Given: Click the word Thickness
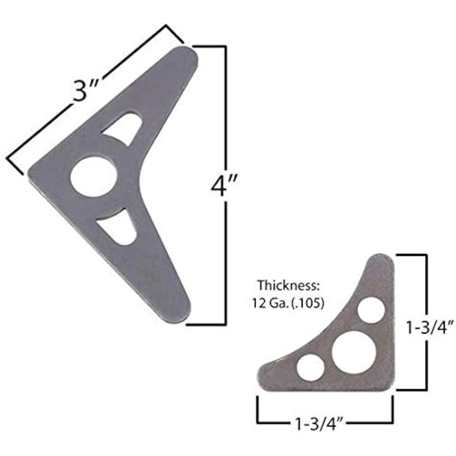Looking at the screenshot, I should tap(281, 286).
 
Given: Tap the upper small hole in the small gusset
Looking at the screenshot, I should tap(371, 311).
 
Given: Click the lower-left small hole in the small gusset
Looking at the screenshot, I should tap(311, 368).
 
